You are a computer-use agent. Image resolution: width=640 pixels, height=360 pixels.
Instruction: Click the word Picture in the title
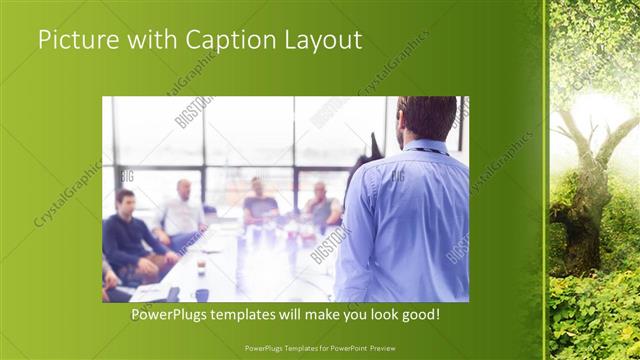pos(77,40)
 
